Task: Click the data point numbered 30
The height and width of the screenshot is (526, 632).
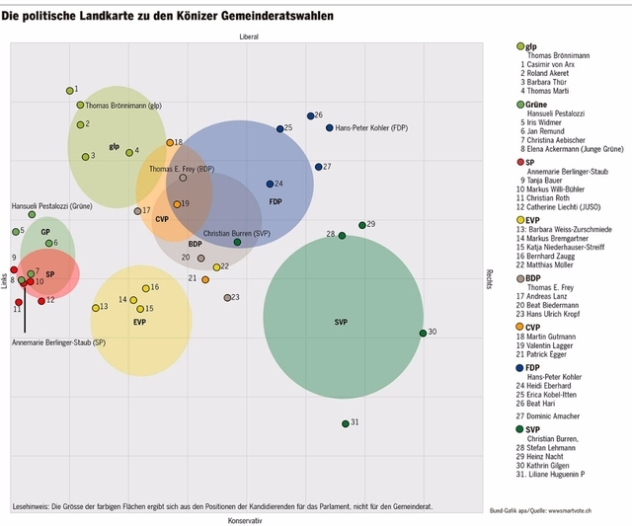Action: [x=423, y=333]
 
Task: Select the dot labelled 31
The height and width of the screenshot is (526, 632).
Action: [x=346, y=423]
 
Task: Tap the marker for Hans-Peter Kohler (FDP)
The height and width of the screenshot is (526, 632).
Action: [x=329, y=127]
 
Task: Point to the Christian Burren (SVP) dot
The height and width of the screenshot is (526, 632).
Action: [x=237, y=242]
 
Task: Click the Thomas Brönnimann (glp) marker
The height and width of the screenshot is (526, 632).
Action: [x=80, y=105]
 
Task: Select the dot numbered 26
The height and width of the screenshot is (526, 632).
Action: [x=309, y=115]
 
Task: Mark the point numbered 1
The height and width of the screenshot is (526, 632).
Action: [x=69, y=90]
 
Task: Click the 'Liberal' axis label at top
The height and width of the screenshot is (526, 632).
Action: [x=248, y=37]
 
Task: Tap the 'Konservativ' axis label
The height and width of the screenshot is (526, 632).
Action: [x=244, y=519]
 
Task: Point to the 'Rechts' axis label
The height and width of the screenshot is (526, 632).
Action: [x=488, y=278]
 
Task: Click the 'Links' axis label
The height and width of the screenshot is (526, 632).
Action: [x=5, y=279]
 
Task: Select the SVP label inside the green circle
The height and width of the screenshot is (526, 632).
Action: [x=341, y=323]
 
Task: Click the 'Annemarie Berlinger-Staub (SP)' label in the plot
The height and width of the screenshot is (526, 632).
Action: [x=58, y=342]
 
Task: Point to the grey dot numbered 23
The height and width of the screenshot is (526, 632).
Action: [x=227, y=297]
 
